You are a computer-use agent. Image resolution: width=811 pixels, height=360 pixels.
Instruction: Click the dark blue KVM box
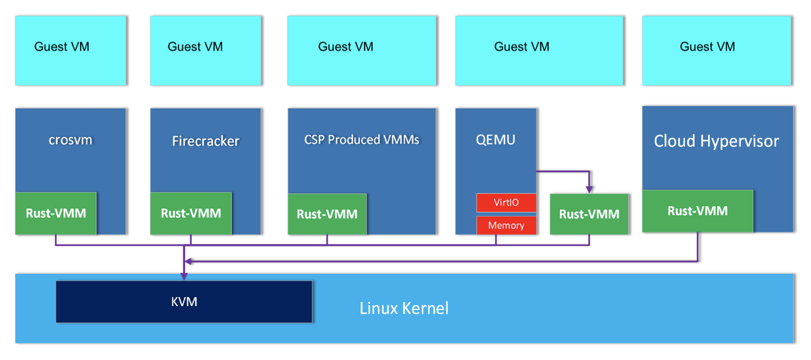tap(184, 302)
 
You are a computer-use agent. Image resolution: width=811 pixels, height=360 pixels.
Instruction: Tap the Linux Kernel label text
tap(404, 308)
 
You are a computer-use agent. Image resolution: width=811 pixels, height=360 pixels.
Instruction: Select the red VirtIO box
tap(506, 202)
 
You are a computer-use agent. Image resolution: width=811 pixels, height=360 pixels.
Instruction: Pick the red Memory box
tap(506, 225)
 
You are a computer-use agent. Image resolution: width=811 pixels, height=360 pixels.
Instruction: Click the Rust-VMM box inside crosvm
tap(56, 213)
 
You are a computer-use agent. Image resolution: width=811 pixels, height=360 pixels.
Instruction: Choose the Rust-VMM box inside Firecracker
tap(191, 213)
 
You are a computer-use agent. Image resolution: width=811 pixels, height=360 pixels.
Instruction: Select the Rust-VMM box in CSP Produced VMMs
tap(327, 214)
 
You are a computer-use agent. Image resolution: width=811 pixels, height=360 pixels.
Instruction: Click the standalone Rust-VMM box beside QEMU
tap(589, 214)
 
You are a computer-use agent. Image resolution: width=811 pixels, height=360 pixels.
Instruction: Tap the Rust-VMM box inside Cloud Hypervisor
tap(697, 211)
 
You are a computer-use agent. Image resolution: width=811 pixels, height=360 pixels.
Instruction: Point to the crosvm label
tap(70, 140)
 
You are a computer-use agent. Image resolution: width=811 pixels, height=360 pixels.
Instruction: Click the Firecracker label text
tap(205, 141)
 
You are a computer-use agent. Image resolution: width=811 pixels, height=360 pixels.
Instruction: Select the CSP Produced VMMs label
tap(361, 140)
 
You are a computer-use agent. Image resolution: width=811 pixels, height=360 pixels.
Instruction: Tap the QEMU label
tap(495, 140)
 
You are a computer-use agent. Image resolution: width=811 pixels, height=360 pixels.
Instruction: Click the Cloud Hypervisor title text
tap(716, 141)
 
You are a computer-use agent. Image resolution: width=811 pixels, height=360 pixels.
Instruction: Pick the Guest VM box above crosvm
tap(70, 50)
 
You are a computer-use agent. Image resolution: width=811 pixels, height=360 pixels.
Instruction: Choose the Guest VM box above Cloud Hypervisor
tap(716, 50)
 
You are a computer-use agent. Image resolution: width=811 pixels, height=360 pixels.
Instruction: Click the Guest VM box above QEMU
tap(539, 50)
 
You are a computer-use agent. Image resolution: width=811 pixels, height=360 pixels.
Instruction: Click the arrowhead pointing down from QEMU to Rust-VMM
tap(589, 189)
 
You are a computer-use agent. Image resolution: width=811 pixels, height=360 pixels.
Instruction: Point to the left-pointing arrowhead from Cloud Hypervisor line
tap(188, 261)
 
